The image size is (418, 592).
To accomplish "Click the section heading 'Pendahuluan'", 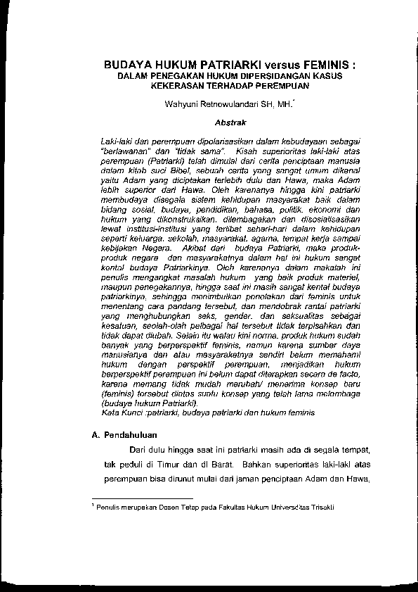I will coord(131,435).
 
